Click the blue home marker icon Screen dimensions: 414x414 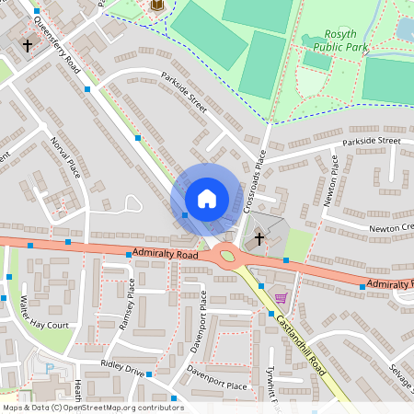(206, 198)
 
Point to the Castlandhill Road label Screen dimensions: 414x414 (300, 344)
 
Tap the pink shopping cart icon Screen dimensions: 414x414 (281, 297)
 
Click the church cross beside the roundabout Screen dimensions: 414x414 (259, 239)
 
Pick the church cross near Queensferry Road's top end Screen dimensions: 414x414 (28, 44)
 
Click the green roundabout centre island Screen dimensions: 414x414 (227, 257)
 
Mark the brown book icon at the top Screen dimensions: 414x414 (155, 6)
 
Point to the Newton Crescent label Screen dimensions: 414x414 (391, 226)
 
